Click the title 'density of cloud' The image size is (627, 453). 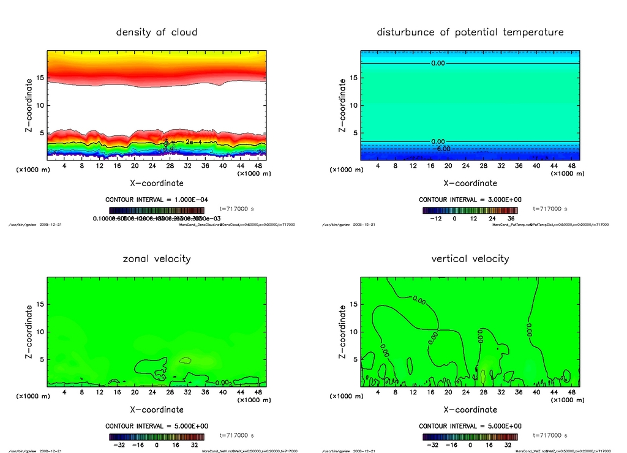pos(157,32)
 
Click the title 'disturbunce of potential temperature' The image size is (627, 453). pos(470,32)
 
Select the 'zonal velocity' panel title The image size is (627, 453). pos(157,258)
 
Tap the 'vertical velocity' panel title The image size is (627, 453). pos(470,258)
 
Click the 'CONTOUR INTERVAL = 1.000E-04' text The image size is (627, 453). pos(157,200)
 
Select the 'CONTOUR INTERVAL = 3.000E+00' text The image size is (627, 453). pos(470,200)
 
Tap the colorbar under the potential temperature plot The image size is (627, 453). pos(470,210)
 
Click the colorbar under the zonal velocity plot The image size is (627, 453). pos(157,436)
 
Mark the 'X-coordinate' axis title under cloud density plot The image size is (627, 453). pos(157,182)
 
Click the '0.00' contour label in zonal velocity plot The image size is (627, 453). pos(223,383)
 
